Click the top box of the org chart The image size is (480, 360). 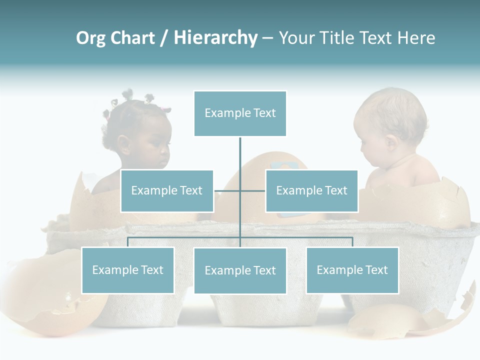240,113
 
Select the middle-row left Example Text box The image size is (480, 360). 167,190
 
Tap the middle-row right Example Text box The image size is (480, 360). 311,190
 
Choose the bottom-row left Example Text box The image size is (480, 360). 128,270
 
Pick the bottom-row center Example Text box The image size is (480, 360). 240,270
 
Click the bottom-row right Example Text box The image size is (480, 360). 352,270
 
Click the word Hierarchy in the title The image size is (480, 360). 215,38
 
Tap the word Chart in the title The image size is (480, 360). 133,38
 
